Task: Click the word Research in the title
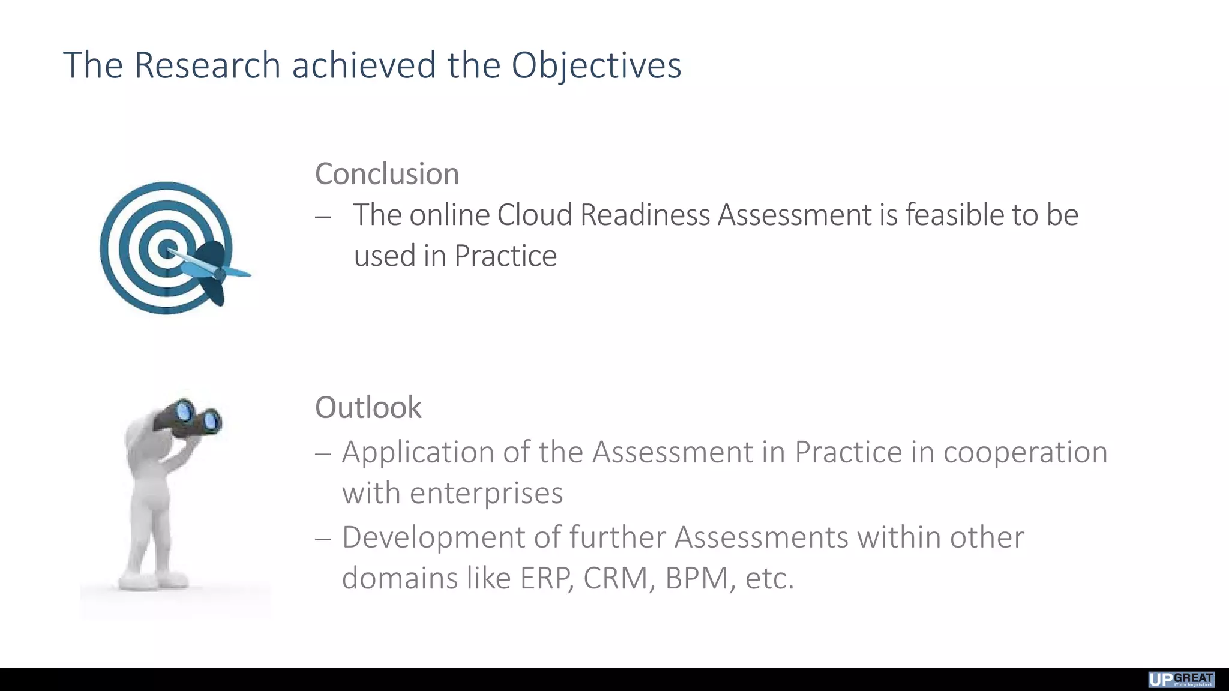[x=207, y=65]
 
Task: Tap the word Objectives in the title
[x=596, y=65]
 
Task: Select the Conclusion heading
[x=387, y=174]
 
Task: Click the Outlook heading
[x=368, y=408]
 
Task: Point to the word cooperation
[x=1025, y=452]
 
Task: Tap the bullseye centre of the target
[x=167, y=248]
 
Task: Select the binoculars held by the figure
[x=189, y=417]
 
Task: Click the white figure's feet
[x=153, y=580]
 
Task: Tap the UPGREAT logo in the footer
[x=1180, y=680]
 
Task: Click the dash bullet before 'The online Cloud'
[x=323, y=217]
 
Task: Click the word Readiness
[x=645, y=215]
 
